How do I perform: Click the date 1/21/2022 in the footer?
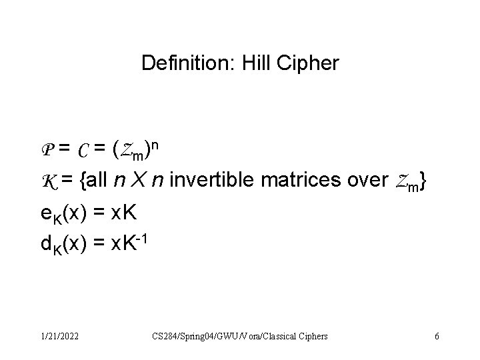click(x=58, y=336)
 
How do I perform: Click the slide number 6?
click(x=436, y=336)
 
